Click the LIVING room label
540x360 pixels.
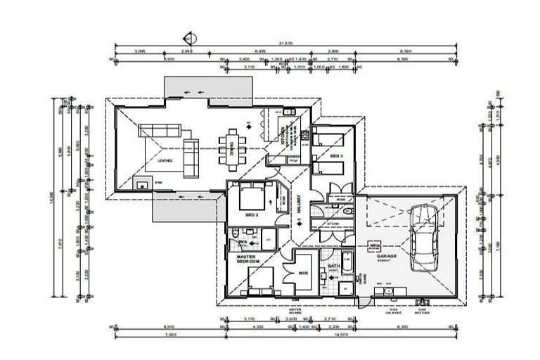(x=165, y=161)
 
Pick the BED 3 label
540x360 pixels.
(x=335, y=155)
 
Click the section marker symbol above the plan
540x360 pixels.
(x=188, y=37)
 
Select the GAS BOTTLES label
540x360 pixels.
(x=423, y=311)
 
